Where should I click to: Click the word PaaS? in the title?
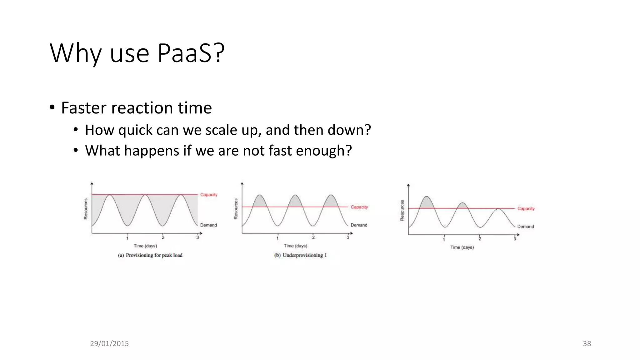point(191,53)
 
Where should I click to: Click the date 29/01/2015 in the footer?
point(109,343)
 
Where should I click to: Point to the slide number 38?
point(587,343)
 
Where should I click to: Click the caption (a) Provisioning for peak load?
point(150,255)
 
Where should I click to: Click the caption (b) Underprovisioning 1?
point(300,255)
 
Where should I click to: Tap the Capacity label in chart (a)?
point(209,195)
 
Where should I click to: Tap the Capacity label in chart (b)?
point(359,207)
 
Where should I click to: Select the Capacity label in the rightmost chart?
point(526,208)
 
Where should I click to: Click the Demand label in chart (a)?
point(208,225)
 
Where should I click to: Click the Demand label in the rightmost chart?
point(525,227)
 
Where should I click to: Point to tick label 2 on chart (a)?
point(163,237)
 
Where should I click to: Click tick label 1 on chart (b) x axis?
point(277,238)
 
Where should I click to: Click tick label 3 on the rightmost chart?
point(514,239)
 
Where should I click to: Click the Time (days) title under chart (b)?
point(295,246)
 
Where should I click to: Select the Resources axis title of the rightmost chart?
point(402,210)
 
